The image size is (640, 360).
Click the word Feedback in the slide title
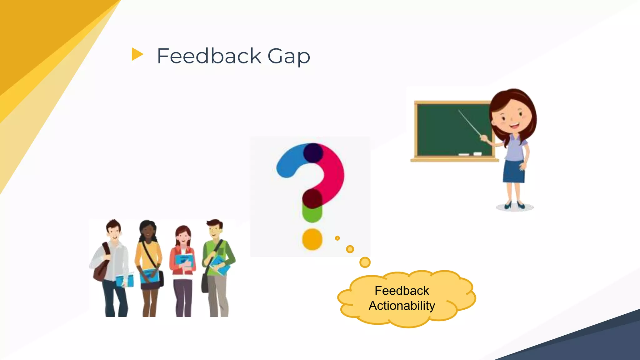coord(209,56)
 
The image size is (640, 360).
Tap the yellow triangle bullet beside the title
coord(137,54)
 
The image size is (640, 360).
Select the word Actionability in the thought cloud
coord(402,306)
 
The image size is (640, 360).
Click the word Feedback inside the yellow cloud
coord(402,291)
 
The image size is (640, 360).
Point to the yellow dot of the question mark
coord(312,239)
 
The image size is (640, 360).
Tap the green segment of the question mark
coord(312,214)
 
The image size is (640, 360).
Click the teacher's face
coord(511,117)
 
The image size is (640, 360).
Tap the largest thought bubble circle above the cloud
coord(365,262)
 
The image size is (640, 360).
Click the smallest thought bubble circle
coord(337,238)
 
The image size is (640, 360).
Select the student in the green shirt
coord(217,259)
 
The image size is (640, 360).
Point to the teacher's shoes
coord(514,205)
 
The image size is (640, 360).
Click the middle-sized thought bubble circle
coord(350,249)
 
